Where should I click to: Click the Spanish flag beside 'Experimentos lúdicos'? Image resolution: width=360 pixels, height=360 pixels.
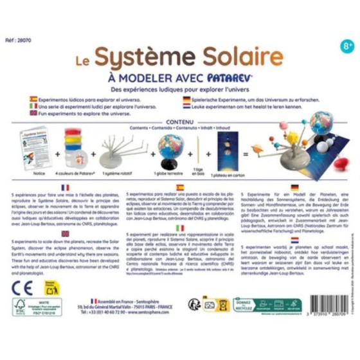33,100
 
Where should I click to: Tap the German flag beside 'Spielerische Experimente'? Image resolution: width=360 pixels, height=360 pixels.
186,100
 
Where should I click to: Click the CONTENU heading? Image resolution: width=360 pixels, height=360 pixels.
179,121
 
